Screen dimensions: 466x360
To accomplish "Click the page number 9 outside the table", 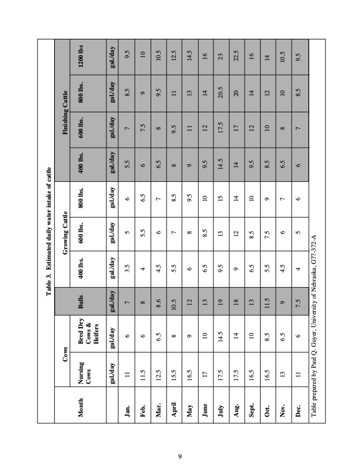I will (x=180, y=437).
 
